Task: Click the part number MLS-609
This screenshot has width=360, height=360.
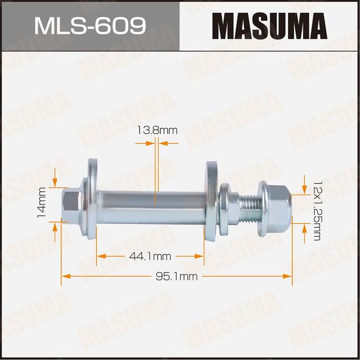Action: pyautogui.click(x=90, y=25)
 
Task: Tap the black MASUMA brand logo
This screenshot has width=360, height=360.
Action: pyautogui.click(x=269, y=26)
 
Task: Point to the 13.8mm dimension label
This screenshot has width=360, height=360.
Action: pyautogui.click(x=157, y=130)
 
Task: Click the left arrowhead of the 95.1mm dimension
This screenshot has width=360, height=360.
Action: pyautogui.click(x=65, y=276)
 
